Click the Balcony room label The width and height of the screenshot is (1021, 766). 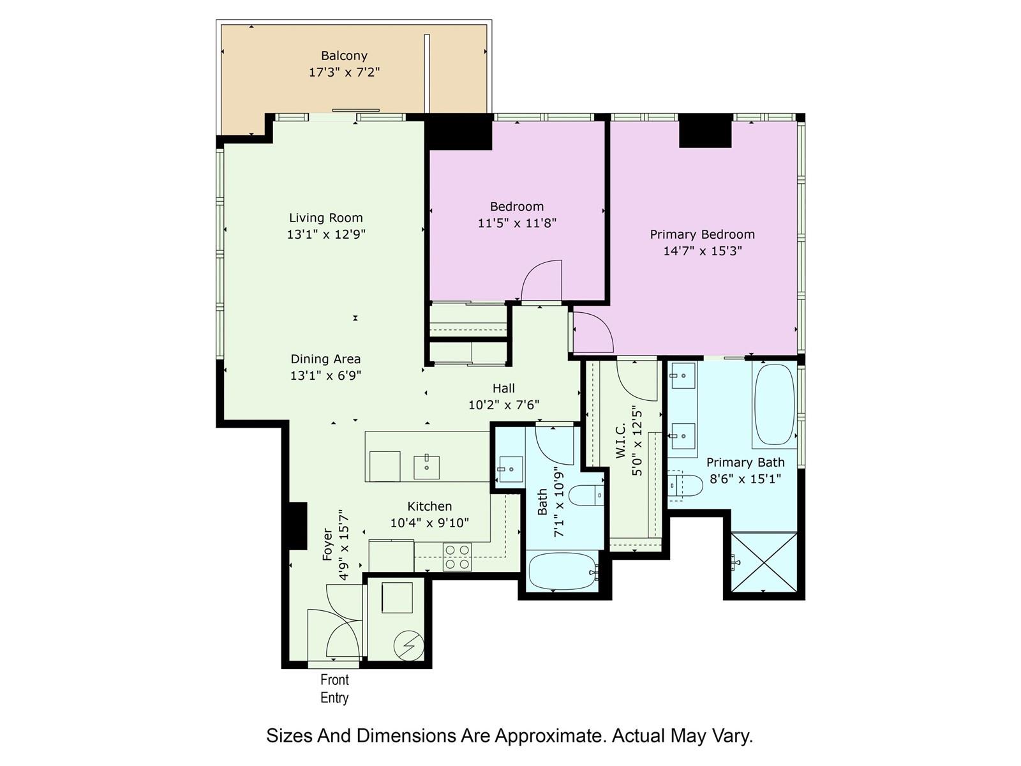pos(344,56)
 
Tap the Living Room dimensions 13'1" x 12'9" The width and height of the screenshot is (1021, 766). pos(326,234)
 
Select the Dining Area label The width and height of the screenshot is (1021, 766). pos(325,359)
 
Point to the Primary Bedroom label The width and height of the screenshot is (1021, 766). pos(702,234)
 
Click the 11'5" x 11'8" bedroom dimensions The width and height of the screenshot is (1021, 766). pos(517,223)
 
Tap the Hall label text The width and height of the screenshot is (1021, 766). pos(503,388)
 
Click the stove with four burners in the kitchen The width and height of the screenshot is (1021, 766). pos(457,557)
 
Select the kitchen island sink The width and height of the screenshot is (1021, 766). pos(426,467)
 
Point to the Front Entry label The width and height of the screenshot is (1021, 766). pos(334,689)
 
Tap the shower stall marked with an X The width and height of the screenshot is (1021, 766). pos(764,562)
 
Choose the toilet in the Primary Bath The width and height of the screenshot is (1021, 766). pos(685,486)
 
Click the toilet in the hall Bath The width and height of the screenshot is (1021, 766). pos(586,495)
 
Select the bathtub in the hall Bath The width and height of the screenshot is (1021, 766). pos(563,571)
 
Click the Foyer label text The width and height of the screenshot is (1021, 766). pos(327,544)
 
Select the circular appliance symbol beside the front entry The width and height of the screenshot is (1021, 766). pos(409,645)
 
